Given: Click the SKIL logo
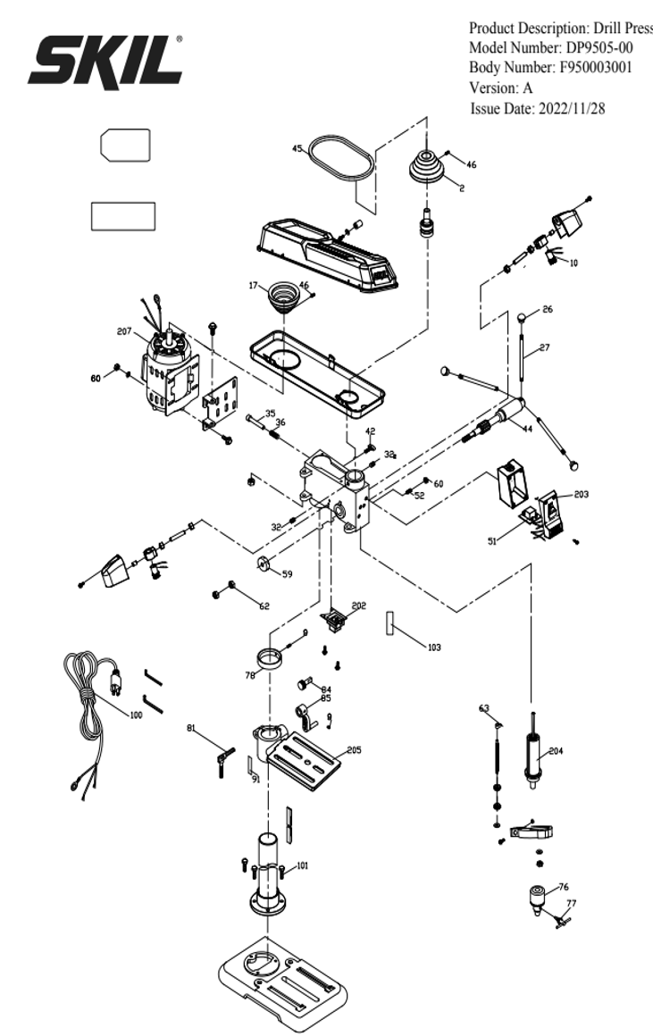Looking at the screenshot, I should pos(106,60).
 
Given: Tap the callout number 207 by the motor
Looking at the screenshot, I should pos(124,331).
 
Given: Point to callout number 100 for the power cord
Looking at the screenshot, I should pos(136,715).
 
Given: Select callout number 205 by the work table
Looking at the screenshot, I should pos(355,750).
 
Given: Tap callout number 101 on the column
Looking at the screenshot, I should pos(303,865).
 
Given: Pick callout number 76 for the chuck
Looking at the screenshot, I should pos(564,887).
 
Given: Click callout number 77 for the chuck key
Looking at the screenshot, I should pos(572,904).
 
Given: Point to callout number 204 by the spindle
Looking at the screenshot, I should pos(556,751).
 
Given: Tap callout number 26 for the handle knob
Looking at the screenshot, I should pos(548,310).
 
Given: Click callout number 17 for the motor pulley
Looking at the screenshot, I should pos(254,286).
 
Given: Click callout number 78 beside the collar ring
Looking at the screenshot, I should pos(249,676).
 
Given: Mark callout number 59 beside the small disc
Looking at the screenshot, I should pos(287,574).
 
